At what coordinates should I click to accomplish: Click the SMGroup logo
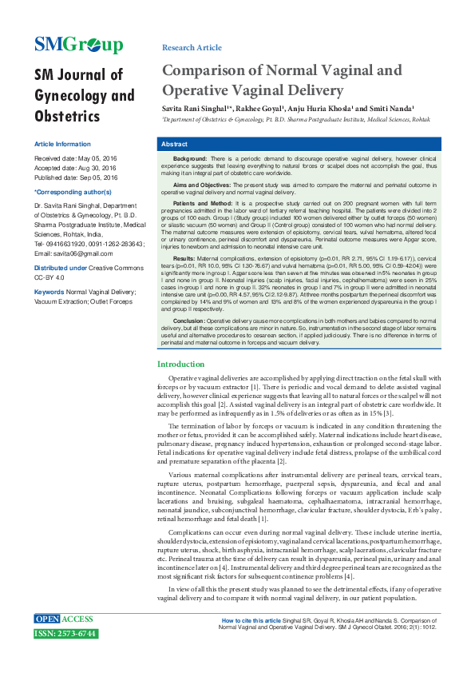click(78, 45)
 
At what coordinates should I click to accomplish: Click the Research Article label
click(192, 48)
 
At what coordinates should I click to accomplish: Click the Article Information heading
click(62, 144)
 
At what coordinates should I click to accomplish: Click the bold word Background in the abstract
click(191, 160)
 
